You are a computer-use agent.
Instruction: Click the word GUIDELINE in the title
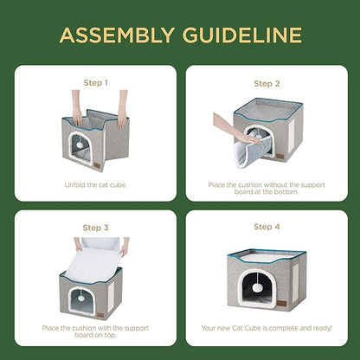[246, 35]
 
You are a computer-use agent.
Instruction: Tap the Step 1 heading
[94, 83]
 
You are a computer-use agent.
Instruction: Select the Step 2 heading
[267, 84]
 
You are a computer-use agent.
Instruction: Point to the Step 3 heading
[94, 228]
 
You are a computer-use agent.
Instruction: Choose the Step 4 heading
[267, 227]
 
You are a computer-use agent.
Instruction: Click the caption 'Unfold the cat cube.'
[94, 184]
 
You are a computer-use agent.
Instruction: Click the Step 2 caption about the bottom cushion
[267, 188]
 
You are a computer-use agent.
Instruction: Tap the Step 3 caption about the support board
[94, 332]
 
